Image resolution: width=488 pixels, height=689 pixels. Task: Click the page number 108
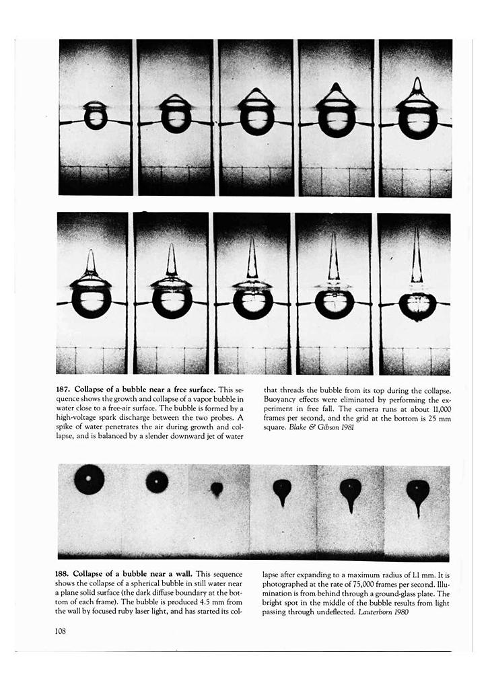coord(65,630)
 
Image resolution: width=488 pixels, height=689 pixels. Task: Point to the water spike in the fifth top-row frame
coord(417,87)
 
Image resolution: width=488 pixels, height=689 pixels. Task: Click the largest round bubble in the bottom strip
coord(90,480)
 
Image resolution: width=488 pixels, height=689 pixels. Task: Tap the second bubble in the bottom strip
coord(157,482)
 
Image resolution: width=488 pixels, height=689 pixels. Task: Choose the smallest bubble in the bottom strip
coord(217,488)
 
